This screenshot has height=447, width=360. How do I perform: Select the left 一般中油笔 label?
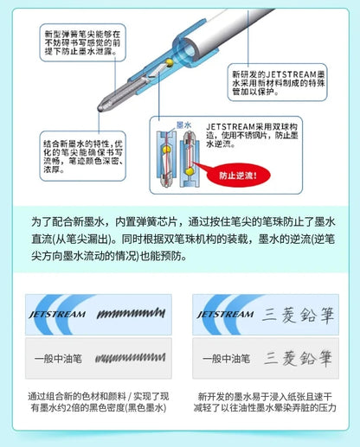click(57, 357)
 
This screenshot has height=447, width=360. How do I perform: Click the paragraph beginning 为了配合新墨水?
click(179, 239)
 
